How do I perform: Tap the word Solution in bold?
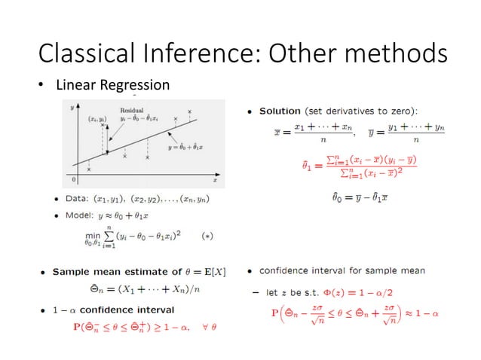click(x=280, y=111)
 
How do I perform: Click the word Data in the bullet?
click(x=77, y=200)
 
